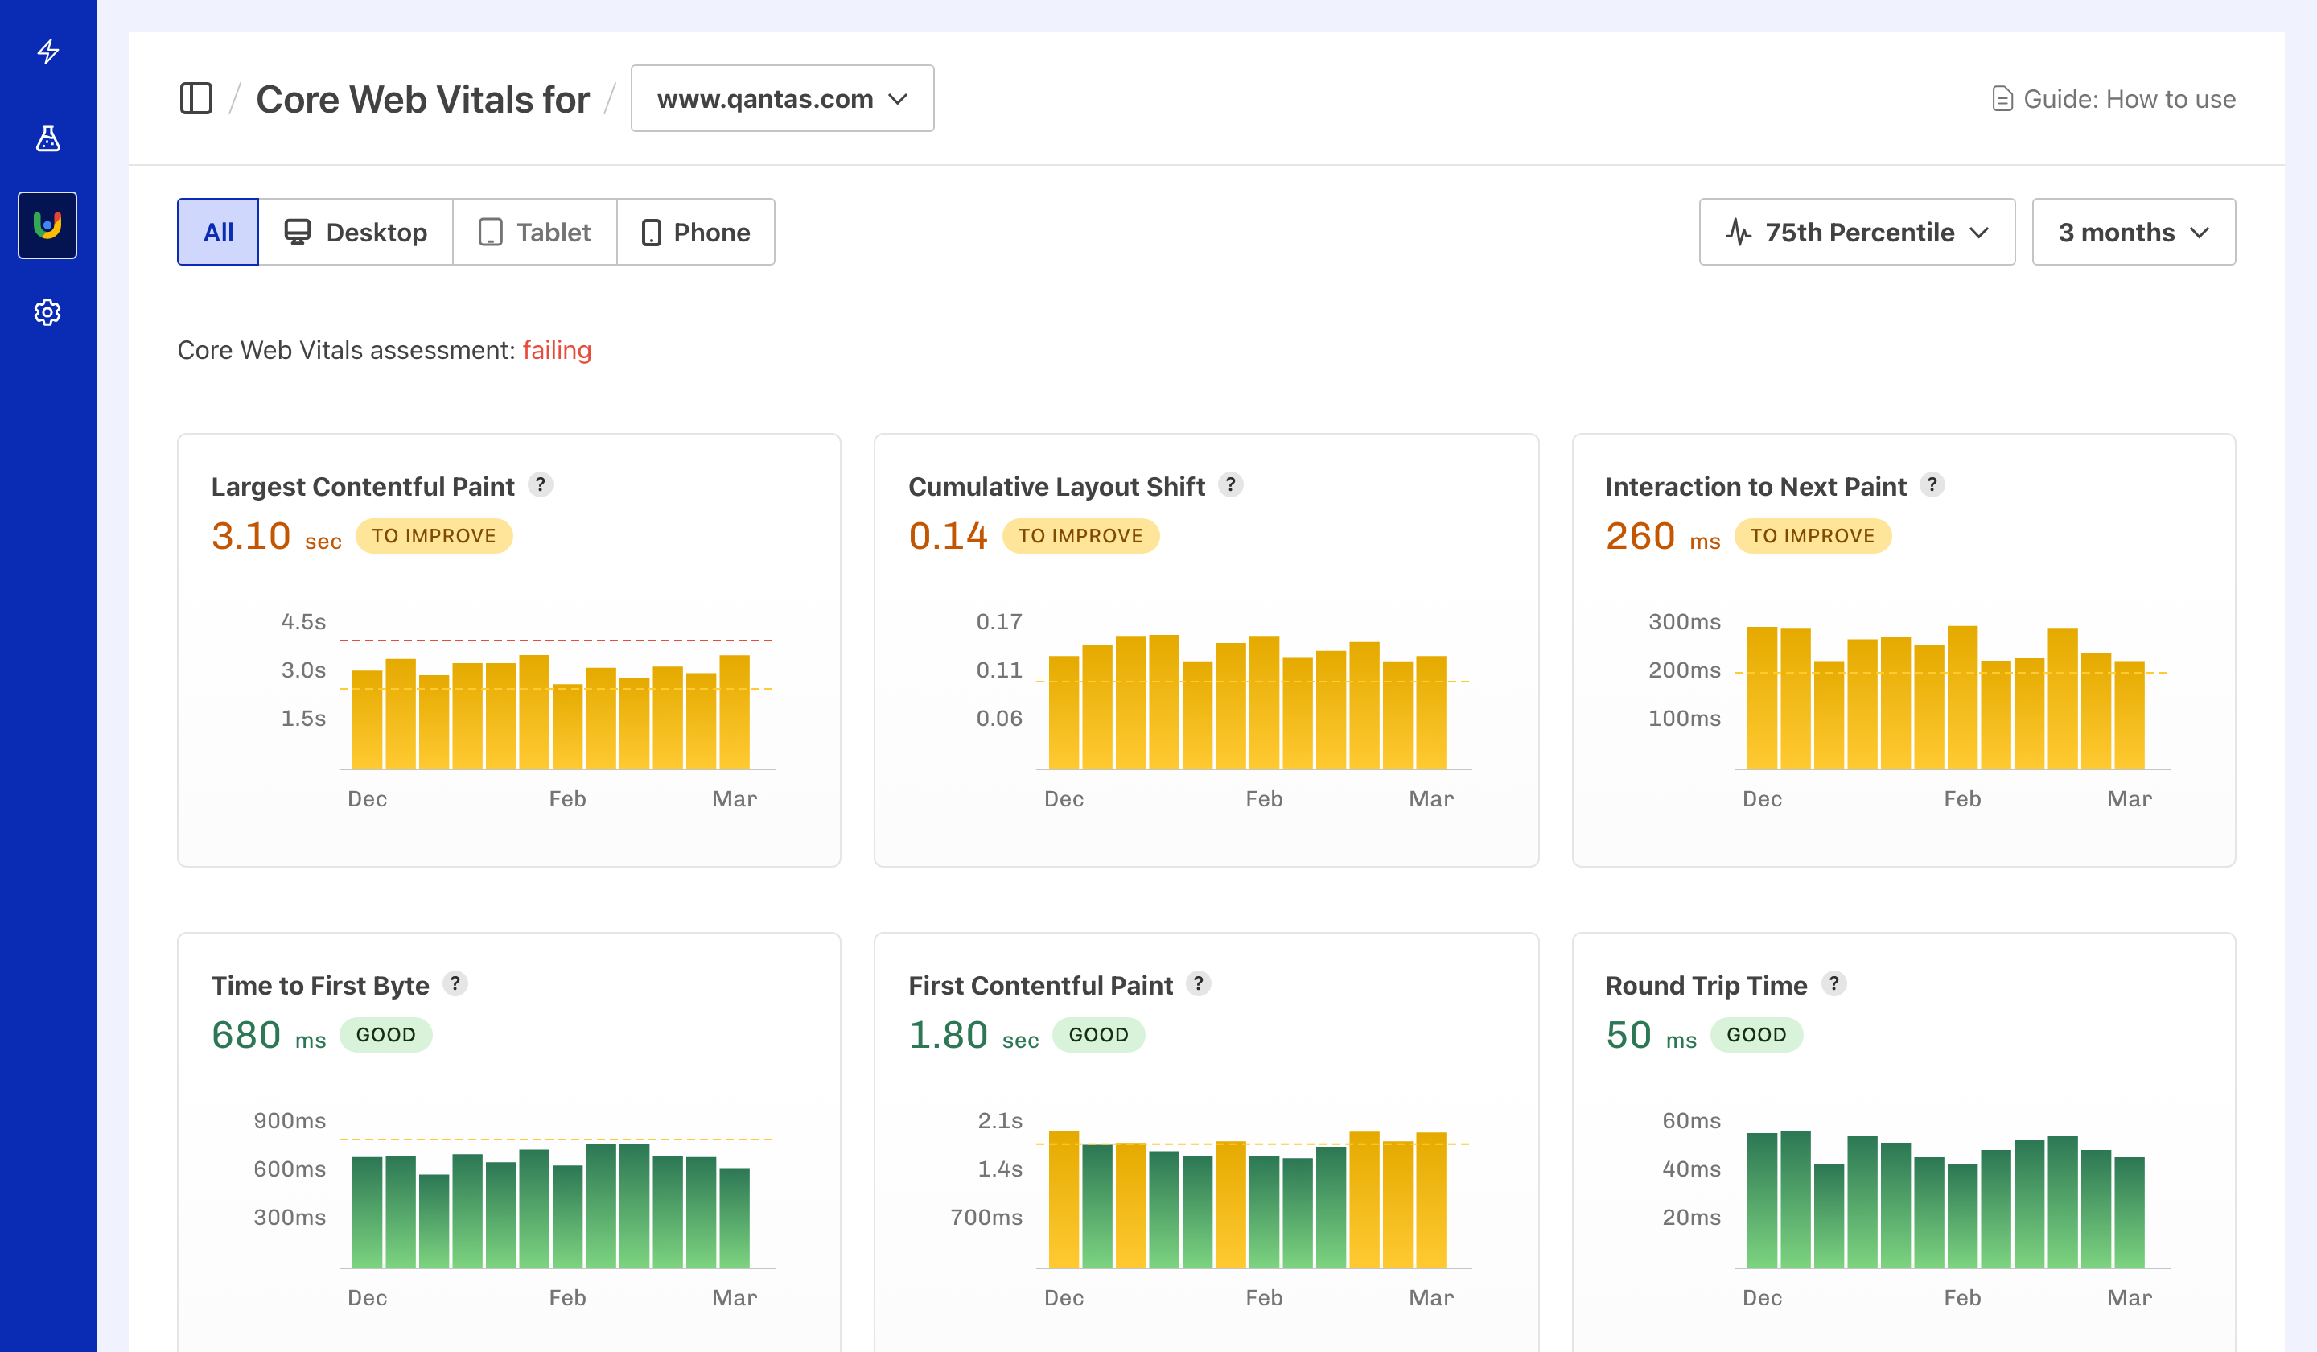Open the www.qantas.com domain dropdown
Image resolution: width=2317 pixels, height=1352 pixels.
(781, 98)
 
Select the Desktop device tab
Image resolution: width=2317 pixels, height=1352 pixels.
(356, 232)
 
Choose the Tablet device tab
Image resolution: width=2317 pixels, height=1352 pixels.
(534, 232)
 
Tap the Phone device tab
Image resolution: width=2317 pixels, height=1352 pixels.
(695, 232)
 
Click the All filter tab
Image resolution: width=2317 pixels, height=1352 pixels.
(218, 232)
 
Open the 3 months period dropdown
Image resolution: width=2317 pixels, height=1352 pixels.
(2132, 232)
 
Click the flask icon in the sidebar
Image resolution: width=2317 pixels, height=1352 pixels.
(47, 138)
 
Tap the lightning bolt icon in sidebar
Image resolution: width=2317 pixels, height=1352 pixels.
(47, 51)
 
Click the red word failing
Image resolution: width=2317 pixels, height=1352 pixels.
(556, 350)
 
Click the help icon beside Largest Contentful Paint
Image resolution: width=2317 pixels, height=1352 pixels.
(541, 484)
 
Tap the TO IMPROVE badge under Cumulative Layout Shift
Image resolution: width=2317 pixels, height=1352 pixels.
(1080, 536)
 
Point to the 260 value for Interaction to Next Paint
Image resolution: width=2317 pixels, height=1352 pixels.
(1640, 536)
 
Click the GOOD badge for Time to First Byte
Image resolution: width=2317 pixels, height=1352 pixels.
(385, 1035)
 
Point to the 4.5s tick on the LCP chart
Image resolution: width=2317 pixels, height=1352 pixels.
(303, 622)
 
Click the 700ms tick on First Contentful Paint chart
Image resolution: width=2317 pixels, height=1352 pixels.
(986, 1217)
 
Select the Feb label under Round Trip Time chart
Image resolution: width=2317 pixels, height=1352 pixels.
(1961, 1298)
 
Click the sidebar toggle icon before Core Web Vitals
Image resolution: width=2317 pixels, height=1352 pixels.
(195, 98)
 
